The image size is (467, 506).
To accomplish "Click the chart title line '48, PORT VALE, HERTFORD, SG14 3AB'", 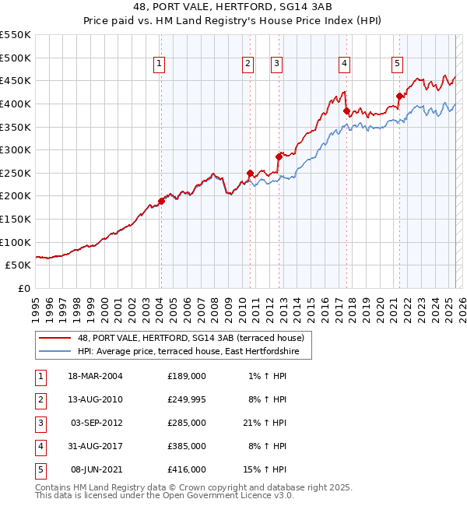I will [x=233, y=7].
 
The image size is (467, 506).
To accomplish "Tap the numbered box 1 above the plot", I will [x=160, y=64].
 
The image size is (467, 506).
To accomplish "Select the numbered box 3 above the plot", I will [x=277, y=64].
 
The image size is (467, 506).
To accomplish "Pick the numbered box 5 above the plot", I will [x=397, y=64].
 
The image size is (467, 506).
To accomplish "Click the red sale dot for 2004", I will [x=162, y=201].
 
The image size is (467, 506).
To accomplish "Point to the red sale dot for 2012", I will [x=279, y=156].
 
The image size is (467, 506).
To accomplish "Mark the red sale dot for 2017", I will [x=347, y=111].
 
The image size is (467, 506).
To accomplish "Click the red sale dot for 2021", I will [x=399, y=97].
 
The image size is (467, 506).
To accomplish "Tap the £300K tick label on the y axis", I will [x=16, y=149].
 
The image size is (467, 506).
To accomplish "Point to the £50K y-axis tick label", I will [x=19, y=265].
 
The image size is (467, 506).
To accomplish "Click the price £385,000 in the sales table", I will [x=187, y=446].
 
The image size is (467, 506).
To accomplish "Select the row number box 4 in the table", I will [x=38, y=446].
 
